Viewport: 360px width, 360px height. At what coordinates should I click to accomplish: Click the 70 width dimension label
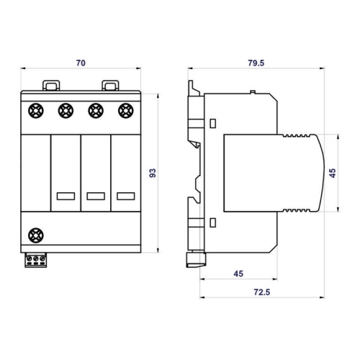click(x=81, y=63)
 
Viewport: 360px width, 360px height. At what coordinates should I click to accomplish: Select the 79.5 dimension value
click(x=256, y=63)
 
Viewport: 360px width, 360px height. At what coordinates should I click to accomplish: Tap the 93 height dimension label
click(x=153, y=173)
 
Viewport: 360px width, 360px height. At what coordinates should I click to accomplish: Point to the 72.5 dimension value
click(x=262, y=292)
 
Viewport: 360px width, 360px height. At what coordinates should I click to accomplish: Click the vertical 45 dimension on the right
click(x=333, y=173)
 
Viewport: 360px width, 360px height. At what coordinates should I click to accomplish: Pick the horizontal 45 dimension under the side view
click(x=238, y=274)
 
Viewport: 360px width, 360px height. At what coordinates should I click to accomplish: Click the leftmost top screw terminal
click(x=36, y=111)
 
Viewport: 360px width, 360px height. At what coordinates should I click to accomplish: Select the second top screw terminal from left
click(x=66, y=111)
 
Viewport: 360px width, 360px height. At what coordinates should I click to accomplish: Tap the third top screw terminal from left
click(x=96, y=111)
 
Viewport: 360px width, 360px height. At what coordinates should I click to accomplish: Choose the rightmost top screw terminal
click(x=126, y=111)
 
